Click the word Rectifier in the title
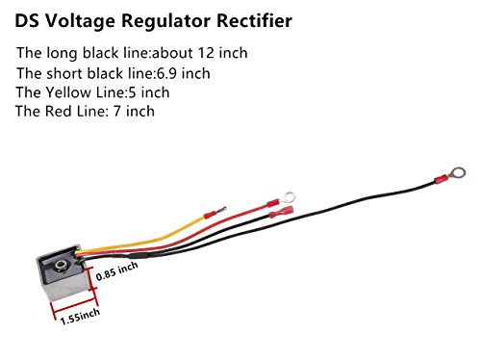click(254, 21)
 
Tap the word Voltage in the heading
click(79, 22)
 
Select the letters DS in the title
click(27, 21)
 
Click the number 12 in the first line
click(206, 53)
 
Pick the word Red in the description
click(58, 111)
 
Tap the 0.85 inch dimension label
click(117, 271)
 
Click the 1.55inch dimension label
click(80, 317)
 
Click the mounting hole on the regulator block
click(60, 266)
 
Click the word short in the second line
click(63, 73)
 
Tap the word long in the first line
click(62, 54)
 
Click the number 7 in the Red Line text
click(116, 112)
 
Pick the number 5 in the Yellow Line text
click(132, 92)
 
